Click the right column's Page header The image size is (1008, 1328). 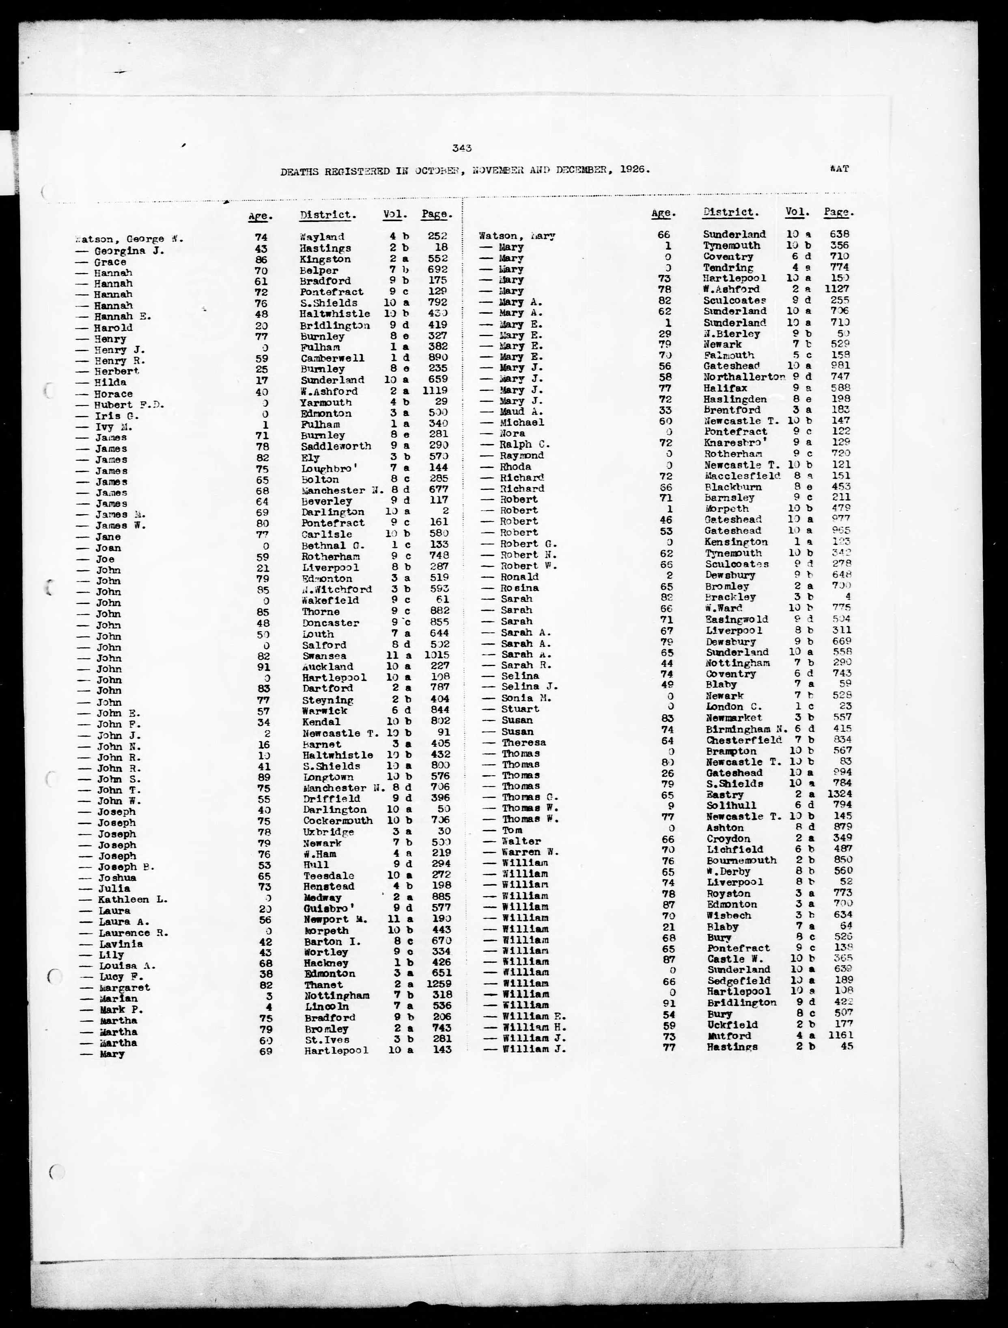[839, 212]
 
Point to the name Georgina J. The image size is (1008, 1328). [129, 251]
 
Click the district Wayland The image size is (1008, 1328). [322, 237]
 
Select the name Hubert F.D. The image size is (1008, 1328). [121, 405]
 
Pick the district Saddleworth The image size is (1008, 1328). [336, 446]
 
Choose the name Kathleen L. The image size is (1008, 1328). [133, 899]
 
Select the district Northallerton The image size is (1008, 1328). [745, 377]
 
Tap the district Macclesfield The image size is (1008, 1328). [743, 476]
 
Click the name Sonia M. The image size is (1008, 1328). [526, 698]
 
